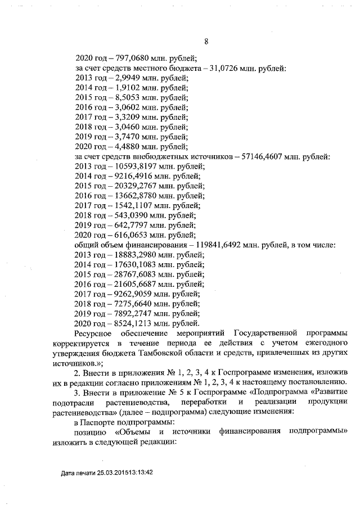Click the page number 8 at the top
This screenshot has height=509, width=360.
(206, 42)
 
